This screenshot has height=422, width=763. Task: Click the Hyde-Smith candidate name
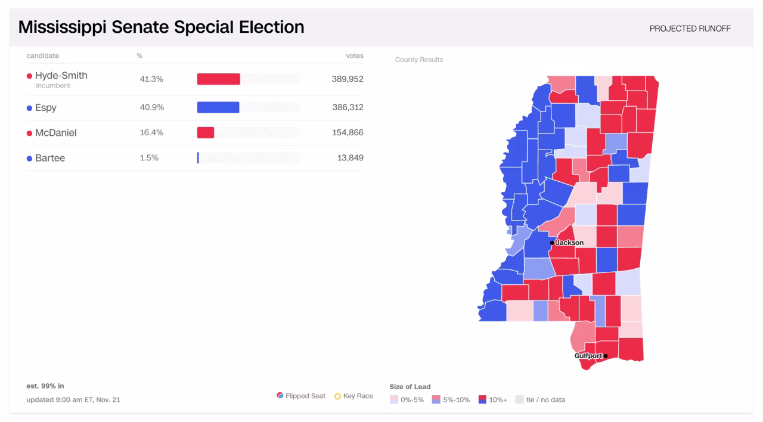coord(61,76)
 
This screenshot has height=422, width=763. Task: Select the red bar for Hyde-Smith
coord(218,79)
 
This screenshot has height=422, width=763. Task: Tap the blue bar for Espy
coord(218,107)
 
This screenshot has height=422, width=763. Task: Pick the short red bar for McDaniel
coord(206,132)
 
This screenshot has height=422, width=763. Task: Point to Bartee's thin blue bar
coord(198,158)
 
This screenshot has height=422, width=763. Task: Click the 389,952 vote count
coord(348,79)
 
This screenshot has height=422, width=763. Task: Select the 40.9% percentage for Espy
coord(151,107)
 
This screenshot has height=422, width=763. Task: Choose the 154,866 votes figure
coord(348,132)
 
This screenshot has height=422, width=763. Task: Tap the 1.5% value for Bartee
coord(149,158)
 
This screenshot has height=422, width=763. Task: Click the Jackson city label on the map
coord(569,243)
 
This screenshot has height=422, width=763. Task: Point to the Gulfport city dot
coord(606,356)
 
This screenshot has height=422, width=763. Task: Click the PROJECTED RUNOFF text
coord(690,29)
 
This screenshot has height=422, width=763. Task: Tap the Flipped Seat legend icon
coord(280,396)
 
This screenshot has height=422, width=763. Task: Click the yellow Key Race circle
coord(337,396)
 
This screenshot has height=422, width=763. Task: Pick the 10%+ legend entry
coord(493,400)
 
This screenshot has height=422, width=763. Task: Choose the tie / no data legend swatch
coord(519,400)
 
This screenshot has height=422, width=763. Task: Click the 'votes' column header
coord(354,56)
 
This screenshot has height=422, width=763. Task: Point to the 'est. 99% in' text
coord(45,386)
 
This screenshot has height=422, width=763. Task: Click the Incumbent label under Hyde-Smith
coord(53,86)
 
